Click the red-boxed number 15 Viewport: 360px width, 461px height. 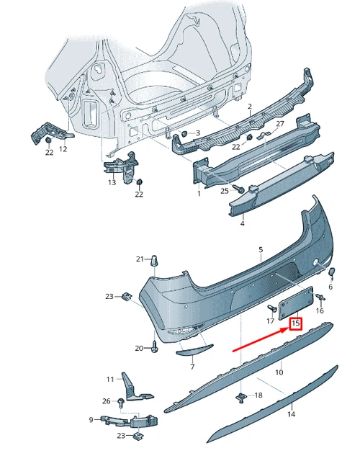(296, 323)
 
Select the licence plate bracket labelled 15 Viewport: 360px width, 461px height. (295, 303)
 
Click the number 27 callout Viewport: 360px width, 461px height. (280, 123)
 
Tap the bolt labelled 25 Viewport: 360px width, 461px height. (238, 189)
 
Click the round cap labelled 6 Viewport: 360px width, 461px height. (332, 272)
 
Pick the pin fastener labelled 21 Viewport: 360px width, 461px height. (155, 261)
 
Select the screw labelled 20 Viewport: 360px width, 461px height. (155, 346)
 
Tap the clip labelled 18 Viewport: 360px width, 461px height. (241, 398)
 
